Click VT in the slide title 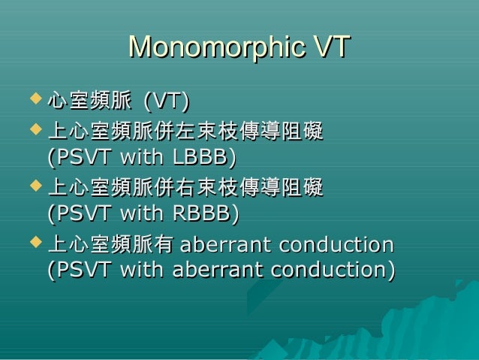331,47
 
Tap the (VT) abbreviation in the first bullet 166,99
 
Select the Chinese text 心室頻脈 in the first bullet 89,99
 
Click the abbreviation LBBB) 204,159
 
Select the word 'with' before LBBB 143,159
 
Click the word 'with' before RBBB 143,214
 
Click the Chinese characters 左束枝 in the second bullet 205,135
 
